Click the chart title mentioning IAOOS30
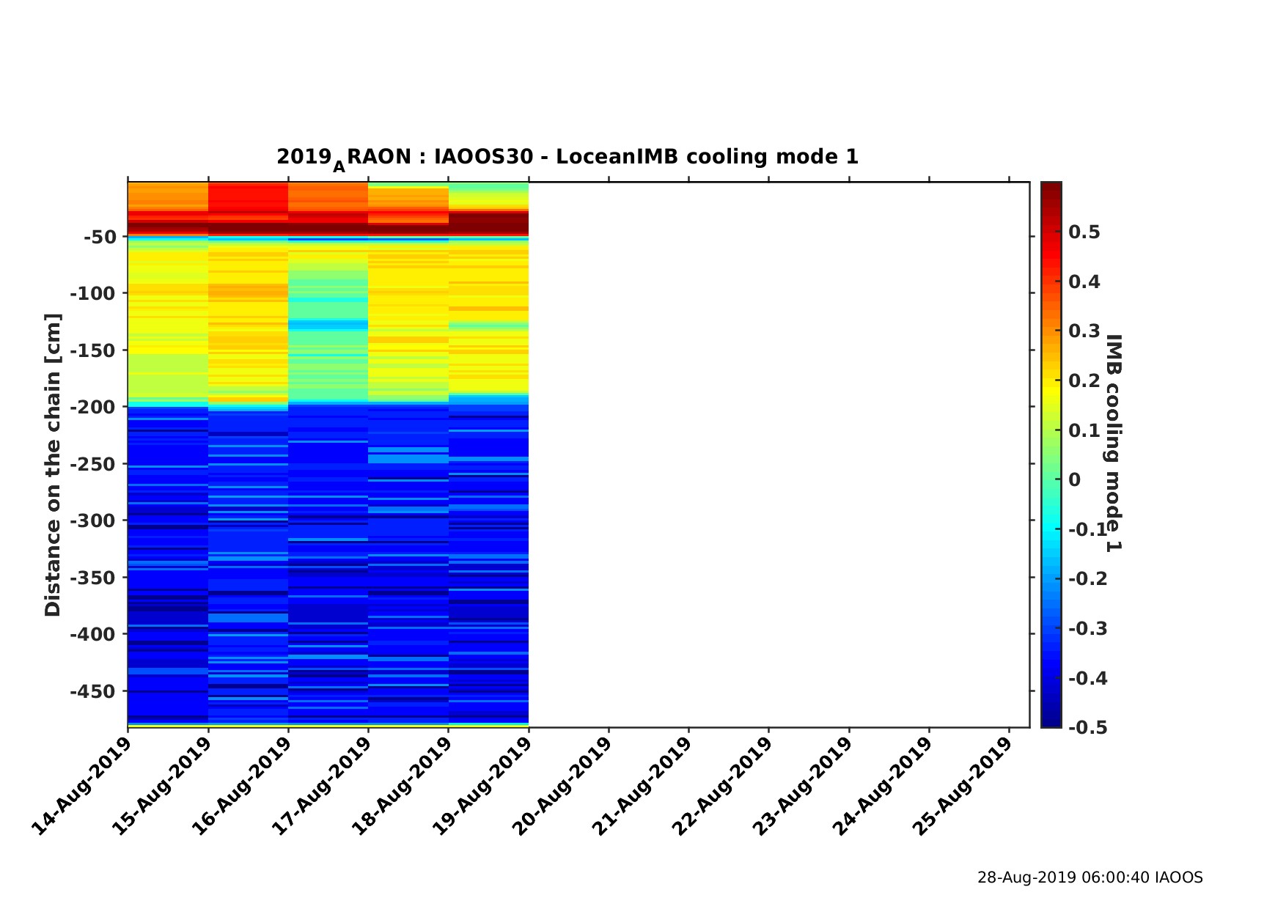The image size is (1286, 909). coord(567,158)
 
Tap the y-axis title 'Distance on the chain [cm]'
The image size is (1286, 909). coord(53,465)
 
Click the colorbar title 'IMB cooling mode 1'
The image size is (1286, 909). coord(1113,443)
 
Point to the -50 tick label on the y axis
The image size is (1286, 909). coord(100,237)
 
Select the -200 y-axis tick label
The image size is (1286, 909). coord(92,407)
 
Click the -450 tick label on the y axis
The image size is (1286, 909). coord(92,691)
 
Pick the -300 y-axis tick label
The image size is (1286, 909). coord(92,520)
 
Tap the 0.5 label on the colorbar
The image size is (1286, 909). coord(1084,232)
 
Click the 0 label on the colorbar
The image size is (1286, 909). coord(1075,480)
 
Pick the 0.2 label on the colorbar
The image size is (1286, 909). coord(1084,381)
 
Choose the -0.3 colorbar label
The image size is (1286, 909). coord(1087,629)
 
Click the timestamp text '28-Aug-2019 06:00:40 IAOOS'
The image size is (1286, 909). coord(1090,877)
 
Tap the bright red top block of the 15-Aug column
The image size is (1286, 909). coord(248,196)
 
